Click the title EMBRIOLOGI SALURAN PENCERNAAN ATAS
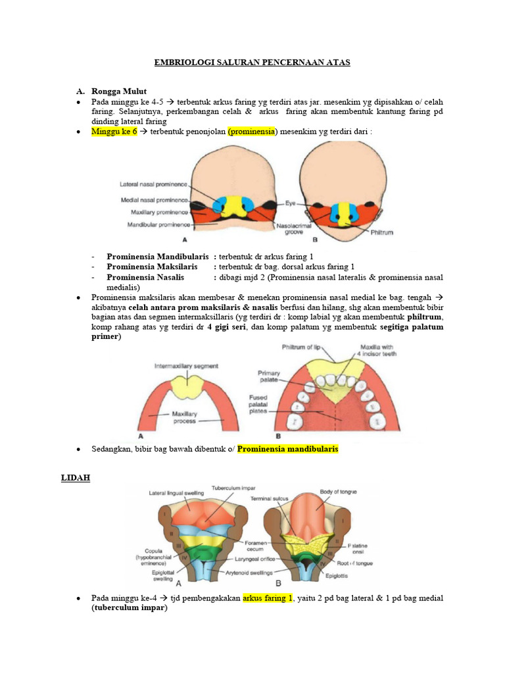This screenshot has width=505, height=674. coord(252,63)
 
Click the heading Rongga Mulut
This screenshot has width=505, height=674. coord(122,91)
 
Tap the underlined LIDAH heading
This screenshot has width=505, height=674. coord(76,479)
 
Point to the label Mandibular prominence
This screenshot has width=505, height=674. coord(158,224)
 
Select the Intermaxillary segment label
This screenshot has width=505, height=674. coord(186,365)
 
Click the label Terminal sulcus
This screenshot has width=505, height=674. coord(271,499)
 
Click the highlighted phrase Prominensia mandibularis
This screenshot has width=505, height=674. coord(287,449)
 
